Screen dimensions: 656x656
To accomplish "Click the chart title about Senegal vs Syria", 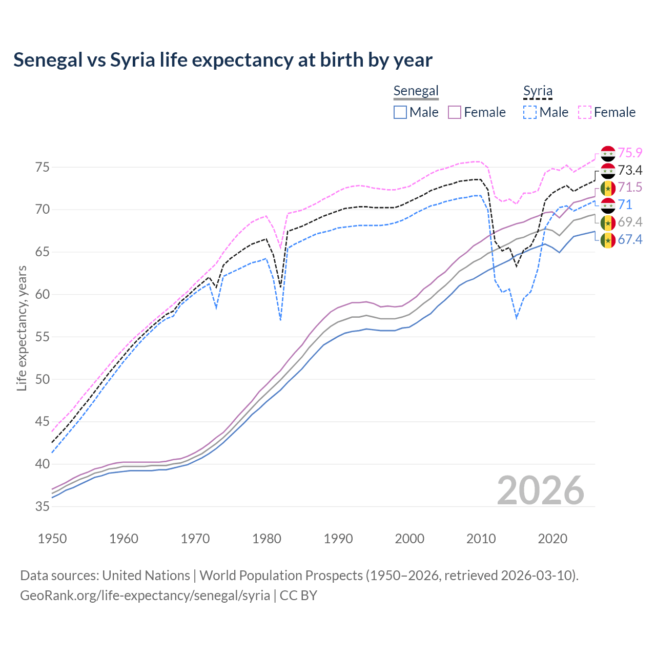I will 223,60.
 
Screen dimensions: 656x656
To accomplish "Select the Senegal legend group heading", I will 416,91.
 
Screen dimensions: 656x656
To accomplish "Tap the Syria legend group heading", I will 538,91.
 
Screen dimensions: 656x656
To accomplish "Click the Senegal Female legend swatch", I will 455,112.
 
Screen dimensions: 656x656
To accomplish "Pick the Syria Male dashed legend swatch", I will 530,112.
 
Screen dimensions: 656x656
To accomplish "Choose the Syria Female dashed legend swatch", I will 585,112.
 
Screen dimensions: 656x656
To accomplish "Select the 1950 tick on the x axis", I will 52,539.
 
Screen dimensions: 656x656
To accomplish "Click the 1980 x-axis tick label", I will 266,539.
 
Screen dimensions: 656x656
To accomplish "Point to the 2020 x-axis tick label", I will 552,539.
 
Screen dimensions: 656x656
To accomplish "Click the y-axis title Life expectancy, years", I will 22,328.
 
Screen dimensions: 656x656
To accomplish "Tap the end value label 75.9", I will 630,153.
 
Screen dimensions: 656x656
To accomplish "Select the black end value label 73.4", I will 630,170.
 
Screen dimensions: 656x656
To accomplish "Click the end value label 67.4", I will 630,239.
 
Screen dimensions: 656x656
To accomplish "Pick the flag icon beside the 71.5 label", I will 608,188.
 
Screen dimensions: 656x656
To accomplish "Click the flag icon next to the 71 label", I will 608,205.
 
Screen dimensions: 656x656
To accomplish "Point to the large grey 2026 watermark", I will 541,490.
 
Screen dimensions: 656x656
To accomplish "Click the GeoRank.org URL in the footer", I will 145,596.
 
